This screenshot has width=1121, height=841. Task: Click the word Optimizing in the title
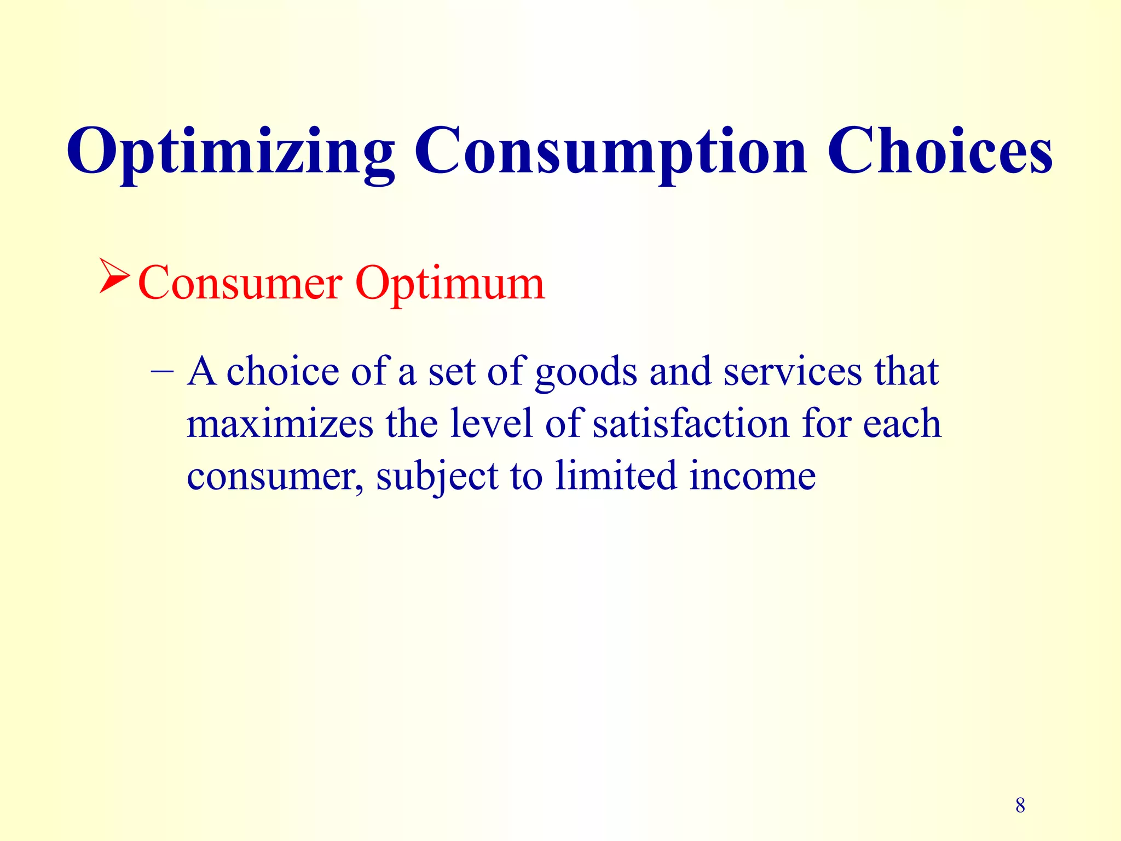[x=230, y=151]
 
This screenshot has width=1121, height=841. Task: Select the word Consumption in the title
[x=610, y=151]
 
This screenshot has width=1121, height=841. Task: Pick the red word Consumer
[x=240, y=284]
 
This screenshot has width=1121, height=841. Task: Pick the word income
[x=752, y=475]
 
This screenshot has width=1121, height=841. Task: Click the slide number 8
[x=1020, y=805]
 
